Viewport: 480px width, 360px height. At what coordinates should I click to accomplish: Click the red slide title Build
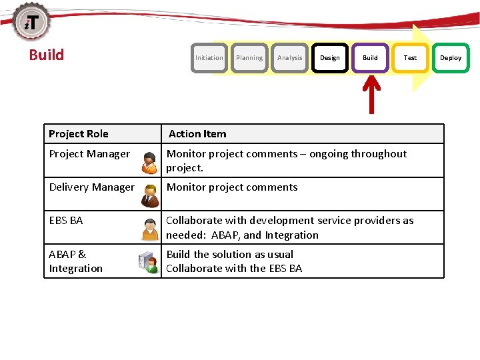pyautogui.click(x=47, y=55)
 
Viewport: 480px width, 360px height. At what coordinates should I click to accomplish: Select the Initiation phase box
pyautogui.click(x=209, y=58)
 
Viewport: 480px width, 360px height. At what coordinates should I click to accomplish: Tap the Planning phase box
pyautogui.click(x=249, y=58)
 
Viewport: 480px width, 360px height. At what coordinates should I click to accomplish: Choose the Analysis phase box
pyautogui.click(x=289, y=58)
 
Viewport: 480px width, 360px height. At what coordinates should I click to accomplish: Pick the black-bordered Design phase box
pyautogui.click(x=330, y=58)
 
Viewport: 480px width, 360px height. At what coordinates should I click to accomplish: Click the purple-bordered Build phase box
pyautogui.click(x=370, y=58)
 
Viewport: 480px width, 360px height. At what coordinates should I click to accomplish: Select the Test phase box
pyautogui.click(x=410, y=58)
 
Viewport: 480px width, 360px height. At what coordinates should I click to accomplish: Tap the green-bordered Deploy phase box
pyautogui.click(x=451, y=58)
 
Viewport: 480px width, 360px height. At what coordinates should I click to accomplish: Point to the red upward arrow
pyautogui.click(x=371, y=94)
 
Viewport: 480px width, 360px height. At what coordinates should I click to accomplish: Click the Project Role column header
pyautogui.click(x=79, y=134)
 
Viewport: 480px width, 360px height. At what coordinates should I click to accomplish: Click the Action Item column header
pyautogui.click(x=197, y=134)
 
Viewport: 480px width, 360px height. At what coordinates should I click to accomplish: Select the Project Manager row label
pyautogui.click(x=89, y=154)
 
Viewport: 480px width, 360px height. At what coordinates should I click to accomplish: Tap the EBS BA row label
pyautogui.click(x=66, y=221)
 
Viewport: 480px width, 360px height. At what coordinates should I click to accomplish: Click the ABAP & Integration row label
pyautogui.click(x=75, y=261)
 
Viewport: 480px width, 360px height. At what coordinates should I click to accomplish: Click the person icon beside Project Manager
pyautogui.click(x=151, y=162)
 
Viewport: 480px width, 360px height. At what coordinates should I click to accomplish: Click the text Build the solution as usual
pyautogui.click(x=229, y=254)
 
